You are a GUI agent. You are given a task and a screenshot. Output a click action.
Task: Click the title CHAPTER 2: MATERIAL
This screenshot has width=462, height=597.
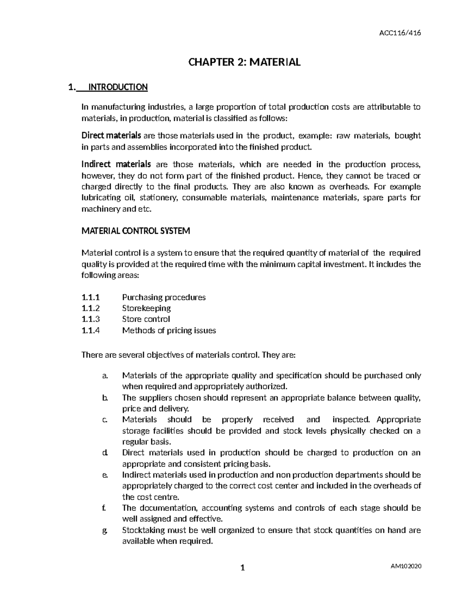(x=244, y=62)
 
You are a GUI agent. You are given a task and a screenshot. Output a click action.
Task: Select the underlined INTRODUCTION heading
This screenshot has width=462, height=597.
(x=118, y=87)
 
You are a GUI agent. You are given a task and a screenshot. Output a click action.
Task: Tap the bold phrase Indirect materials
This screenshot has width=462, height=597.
(x=116, y=165)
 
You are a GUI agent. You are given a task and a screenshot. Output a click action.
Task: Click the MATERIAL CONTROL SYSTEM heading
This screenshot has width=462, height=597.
(x=136, y=231)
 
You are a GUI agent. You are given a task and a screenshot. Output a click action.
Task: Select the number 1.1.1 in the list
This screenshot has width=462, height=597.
(x=90, y=297)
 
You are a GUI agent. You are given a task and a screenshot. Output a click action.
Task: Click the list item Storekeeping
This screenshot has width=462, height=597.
(x=146, y=308)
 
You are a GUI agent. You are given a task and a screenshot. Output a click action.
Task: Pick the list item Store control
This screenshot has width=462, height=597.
(x=146, y=319)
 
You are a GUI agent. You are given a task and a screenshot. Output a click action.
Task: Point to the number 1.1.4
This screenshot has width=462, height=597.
(x=90, y=330)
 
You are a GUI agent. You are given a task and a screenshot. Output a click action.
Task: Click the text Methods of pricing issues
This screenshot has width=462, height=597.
(x=169, y=330)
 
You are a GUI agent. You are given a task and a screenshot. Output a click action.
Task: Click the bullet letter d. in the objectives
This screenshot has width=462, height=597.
(x=105, y=453)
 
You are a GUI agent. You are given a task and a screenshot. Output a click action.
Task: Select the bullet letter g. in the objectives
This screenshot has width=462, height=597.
(x=105, y=530)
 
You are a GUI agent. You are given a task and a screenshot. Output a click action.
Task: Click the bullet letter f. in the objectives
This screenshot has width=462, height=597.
(x=104, y=508)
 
